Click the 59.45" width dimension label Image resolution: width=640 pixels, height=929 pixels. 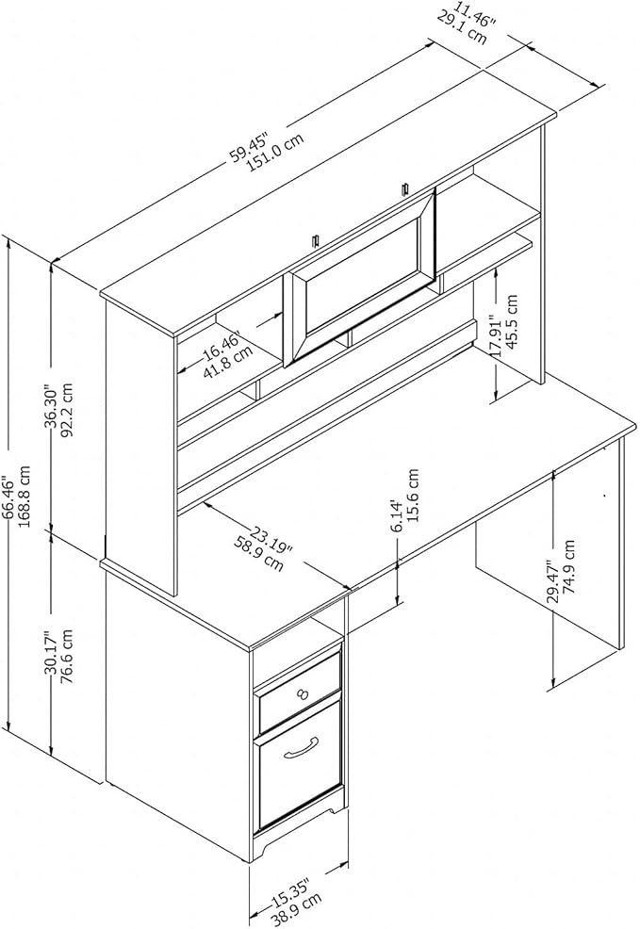pos(250,144)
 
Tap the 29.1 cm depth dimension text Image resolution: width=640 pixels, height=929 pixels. pos(462,28)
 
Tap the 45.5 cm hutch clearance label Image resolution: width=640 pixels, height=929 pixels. pos(512,324)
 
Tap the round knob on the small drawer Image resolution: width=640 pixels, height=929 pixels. pos(303,693)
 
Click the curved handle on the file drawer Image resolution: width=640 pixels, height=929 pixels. pos(302,748)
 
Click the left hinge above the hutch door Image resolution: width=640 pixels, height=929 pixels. pos(316,241)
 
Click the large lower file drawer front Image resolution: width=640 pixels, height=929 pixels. pos(300,764)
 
